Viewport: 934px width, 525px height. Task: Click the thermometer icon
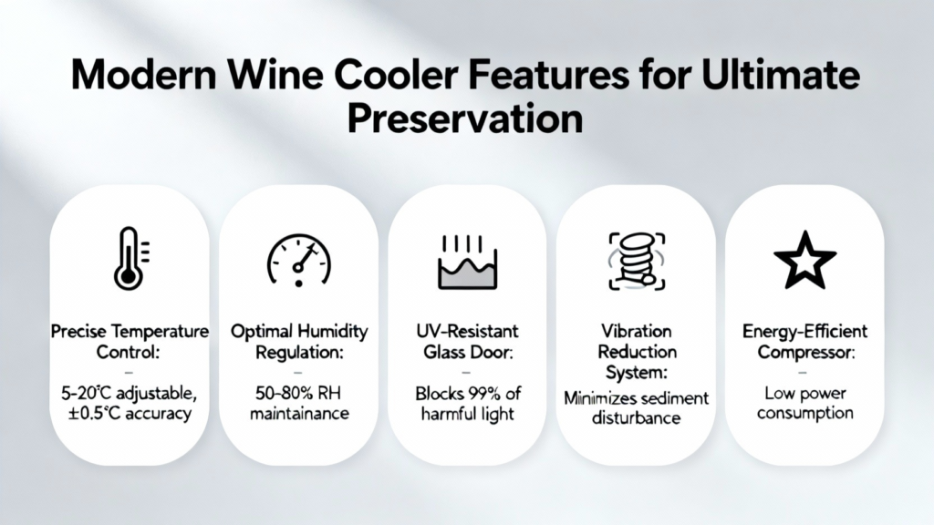coord(128,259)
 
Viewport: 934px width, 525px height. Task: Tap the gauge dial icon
coord(298,260)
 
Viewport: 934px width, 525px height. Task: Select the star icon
coord(804,261)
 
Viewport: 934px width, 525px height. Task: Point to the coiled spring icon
coord(636,261)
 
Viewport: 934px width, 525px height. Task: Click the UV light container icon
coord(467,262)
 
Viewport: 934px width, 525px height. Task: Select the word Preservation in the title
coord(465,118)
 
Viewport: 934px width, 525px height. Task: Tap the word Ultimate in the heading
coord(781,75)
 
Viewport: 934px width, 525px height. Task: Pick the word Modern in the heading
coord(143,76)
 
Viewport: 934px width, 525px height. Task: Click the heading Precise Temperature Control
coord(130,342)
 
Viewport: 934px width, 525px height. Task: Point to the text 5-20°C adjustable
coord(129,393)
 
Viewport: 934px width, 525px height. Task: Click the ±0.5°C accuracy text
coord(130,413)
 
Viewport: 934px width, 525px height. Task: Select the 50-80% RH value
coord(298,393)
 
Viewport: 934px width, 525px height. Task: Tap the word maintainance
coord(299,413)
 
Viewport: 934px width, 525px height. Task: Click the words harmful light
coord(467,413)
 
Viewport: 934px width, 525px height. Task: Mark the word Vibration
coord(636,331)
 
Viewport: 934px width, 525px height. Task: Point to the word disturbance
coord(636,417)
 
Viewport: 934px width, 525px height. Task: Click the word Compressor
coord(806,352)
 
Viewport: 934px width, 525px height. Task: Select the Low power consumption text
coord(805,403)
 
